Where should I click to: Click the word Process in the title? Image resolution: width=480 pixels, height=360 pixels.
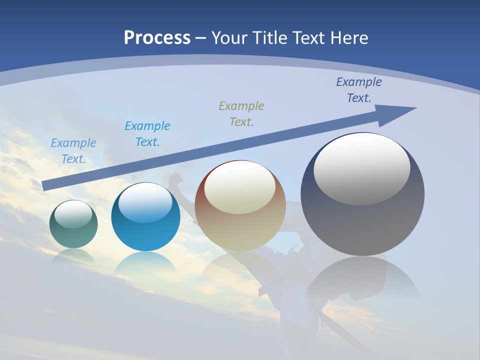click(157, 38)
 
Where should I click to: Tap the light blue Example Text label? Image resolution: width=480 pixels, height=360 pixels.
click(147, 133)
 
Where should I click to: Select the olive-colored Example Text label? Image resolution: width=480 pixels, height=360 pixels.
click(241, 113)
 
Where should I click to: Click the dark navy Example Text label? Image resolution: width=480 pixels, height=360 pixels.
click(359, 90)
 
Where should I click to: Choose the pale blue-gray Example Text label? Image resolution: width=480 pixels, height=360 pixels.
click(73, 150)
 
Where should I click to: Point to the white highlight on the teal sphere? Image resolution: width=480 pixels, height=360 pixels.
click(73, 214)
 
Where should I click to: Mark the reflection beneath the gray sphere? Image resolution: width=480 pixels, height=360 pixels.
click(362, 280)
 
